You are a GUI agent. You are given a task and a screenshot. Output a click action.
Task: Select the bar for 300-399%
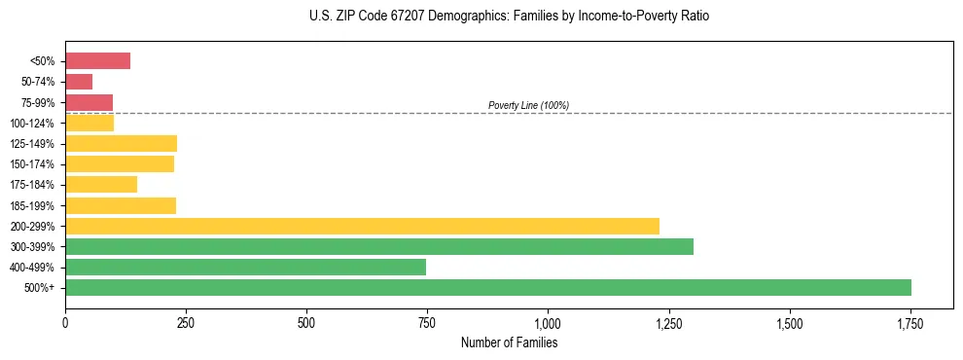pos(379,246)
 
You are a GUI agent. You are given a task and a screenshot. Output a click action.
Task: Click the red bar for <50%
pos(97,61)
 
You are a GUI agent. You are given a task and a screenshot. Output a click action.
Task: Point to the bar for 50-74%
pos(79,82)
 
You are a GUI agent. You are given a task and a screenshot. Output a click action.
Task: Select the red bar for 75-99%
pos(89,102)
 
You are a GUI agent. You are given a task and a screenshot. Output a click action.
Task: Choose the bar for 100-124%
pos(89,123)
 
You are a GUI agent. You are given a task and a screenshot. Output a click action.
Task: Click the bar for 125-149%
pos(121,143)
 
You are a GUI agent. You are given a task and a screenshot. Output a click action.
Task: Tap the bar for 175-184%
pos(101,184)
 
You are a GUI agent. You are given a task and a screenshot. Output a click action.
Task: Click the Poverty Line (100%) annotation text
pos(528,105)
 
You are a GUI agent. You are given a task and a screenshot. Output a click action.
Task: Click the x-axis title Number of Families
pos(509,342)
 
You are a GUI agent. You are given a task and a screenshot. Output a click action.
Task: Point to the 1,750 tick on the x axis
pos(909,322)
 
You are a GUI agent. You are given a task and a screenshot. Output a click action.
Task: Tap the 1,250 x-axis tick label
pos(668,322)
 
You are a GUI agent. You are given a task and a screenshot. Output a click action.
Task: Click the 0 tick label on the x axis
pos(65,322)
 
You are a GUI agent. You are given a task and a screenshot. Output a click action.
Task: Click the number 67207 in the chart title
pos(392,17)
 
